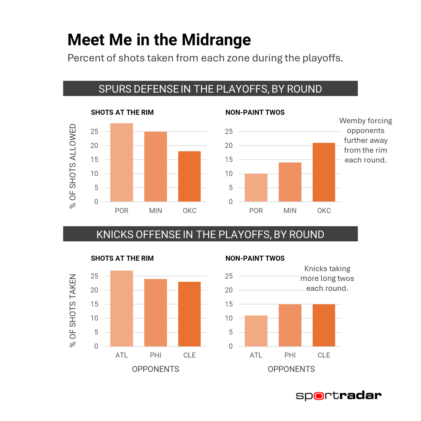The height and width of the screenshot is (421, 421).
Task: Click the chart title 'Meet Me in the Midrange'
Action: pos(159,40)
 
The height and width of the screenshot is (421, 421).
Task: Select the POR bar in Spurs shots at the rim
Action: pos(121,162)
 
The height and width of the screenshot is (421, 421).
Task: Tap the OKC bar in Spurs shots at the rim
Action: pos(189,176)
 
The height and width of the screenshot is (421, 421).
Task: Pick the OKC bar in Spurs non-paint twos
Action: pos(324,172)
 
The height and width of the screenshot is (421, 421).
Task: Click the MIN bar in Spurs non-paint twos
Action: pos(290,182)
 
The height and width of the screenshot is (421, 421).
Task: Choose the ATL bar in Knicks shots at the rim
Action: pos(121,308)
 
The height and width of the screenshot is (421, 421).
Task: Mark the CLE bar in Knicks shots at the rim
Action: pos(189,314)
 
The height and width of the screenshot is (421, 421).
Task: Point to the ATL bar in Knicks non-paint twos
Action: pos(256,331)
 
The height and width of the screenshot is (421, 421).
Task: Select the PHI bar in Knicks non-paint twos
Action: pos(290,325)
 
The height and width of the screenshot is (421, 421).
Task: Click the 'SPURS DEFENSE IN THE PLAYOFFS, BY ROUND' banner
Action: pos(210,88)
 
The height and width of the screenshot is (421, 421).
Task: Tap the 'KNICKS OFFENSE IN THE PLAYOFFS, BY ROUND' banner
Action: pos(210,234)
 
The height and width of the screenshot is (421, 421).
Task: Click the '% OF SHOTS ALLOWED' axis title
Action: pos(73,166)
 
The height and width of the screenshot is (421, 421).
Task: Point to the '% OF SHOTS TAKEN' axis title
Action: pos(73,310)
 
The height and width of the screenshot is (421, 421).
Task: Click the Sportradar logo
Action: pos(339,395)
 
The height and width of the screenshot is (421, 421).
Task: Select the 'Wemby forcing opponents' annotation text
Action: pos(366,140)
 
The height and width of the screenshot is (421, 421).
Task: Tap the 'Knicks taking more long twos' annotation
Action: pos(327,278)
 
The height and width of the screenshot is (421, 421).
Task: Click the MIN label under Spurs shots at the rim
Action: pos(155,210)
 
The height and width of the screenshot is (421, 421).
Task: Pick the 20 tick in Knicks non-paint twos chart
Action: pos(229,290)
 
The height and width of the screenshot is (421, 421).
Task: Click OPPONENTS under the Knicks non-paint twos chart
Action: pos(291,369)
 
